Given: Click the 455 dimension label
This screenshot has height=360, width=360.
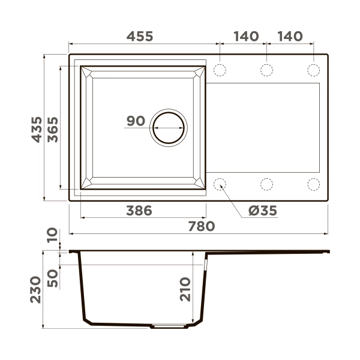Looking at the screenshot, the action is click(140, 36).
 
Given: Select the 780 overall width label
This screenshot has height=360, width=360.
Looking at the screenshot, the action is click(202, 226).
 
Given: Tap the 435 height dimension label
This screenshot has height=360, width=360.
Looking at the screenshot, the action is click(37, 130).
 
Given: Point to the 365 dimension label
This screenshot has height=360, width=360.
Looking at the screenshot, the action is click(53, 130).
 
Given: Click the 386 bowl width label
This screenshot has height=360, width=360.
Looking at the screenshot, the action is click(139, 211).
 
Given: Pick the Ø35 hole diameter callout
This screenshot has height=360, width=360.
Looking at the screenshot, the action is click(263, 211).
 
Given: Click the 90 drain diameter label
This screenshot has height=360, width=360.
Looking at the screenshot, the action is click(136, 121).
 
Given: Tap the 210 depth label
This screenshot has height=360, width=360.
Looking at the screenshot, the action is click(185, 289).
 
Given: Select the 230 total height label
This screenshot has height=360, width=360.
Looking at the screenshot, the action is click(35, 290).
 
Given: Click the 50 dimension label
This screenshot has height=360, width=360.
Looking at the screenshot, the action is click(53, 278).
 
